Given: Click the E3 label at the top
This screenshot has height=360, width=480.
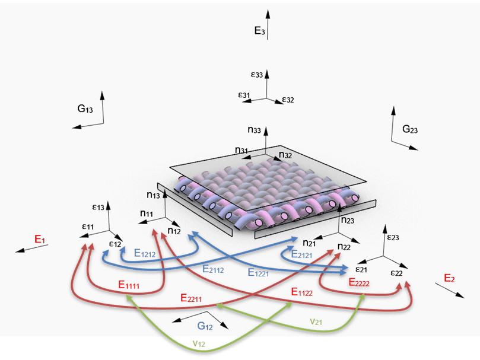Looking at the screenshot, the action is [x=260, y=31].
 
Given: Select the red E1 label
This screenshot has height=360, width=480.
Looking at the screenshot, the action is [x=40, y=239].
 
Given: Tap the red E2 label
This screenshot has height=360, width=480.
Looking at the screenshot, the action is [x=449, y=278].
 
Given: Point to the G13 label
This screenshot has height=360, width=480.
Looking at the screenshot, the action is [x=85, y=109].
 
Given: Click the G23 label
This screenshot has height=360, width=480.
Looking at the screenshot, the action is [x=410, y=129].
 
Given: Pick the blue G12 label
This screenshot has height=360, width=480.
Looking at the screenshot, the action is [x=205, y=326].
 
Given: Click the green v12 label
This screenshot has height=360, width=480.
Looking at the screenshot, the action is [x=199, y=343].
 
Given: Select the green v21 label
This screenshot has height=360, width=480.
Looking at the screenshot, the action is [x=316, y=321].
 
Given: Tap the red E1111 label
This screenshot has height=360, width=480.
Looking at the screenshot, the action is [x=129, y=285].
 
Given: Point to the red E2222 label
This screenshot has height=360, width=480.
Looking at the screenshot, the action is [x=359, y=282].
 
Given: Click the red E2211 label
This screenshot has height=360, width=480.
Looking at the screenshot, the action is [x=191, y=298].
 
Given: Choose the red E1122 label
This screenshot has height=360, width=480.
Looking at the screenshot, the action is [x=302, y=292].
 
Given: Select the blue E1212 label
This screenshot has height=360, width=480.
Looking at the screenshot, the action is [x=145, y=253].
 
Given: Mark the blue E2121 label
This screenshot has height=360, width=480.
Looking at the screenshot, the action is [x=301, y=254].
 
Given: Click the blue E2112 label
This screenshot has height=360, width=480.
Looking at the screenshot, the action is [x=213, y=269].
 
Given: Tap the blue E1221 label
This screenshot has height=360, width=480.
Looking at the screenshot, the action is [x=258, y=272].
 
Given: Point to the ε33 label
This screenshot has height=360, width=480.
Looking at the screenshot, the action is [x=257, y=74].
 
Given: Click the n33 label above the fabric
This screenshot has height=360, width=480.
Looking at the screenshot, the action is [x=254, y=130].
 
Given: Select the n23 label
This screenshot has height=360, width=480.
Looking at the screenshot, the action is [x=348, y=220].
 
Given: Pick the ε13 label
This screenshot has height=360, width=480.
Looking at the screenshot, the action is [x=98, y=207].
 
